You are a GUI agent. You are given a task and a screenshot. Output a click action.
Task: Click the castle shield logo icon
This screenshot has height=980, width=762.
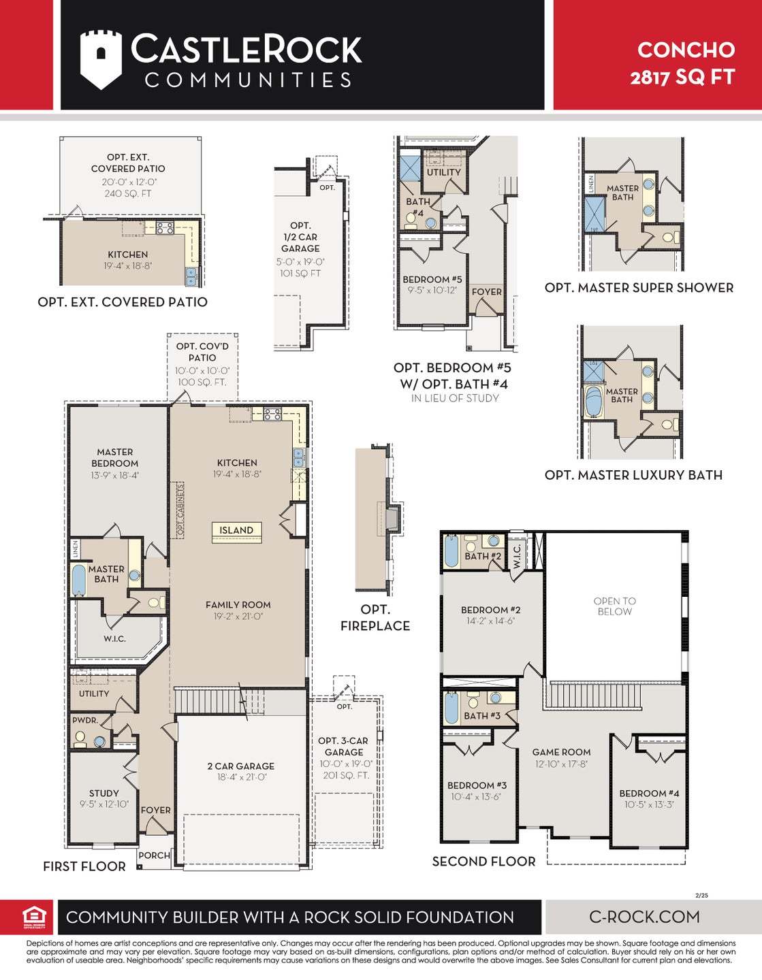click(101, 59)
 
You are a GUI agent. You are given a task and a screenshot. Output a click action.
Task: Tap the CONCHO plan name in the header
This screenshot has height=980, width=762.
click(686, 50)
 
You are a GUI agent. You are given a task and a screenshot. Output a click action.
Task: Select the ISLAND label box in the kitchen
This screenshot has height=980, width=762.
click(236, 530)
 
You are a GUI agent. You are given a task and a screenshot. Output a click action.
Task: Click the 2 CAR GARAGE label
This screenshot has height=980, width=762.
click(240, 766)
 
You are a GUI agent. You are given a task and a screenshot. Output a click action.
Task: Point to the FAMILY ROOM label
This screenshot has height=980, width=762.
click(238, 604)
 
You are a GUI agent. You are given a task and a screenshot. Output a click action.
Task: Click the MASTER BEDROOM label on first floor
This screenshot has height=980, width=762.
click(114, 457)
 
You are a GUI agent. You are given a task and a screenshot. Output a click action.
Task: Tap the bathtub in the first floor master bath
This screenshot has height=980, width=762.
click(79, 580)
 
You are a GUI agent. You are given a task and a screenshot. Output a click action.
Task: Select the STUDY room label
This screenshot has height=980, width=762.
click(104, 793)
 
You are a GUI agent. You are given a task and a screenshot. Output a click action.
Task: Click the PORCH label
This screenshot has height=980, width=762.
click(154, 855)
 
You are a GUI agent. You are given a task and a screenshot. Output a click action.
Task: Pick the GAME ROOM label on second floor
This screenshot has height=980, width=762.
click(561, 752)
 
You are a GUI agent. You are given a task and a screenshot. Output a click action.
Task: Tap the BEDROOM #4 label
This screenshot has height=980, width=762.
click(648, 793)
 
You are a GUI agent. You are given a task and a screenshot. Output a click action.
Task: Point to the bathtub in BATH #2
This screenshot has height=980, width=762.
click(451, 551)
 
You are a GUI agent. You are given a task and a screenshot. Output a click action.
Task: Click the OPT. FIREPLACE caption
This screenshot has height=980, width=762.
click(375, 617)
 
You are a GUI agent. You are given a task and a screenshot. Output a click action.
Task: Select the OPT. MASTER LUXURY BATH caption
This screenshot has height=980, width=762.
click(633, 475)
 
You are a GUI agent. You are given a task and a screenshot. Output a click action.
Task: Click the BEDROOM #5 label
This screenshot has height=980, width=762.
click(432, 279)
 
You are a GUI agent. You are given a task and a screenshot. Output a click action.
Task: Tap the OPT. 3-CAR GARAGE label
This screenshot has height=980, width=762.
click(344, 746)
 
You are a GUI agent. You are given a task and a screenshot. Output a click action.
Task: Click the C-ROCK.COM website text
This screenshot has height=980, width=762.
click(644, 917)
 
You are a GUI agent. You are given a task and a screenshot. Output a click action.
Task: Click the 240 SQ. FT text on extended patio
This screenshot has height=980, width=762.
click(127, 193)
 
